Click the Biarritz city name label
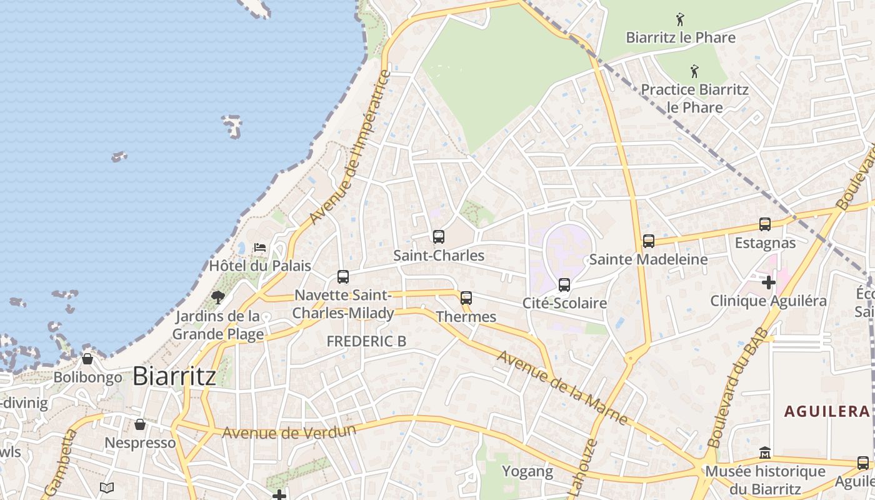coord(174,376)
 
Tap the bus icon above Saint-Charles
coord(439,237)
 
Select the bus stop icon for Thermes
coord(466,298)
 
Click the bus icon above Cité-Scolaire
coord(564,285)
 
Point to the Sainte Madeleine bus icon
coord(649,241)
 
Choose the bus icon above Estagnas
coord(765,224)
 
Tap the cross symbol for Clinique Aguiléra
coord(769,282)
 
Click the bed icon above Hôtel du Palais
coord(260,247)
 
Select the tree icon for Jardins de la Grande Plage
coord(217,297)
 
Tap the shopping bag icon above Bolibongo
coord(87,359)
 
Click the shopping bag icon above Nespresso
coord(140,424)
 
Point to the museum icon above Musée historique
coord(765,452)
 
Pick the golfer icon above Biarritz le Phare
coord(680,19)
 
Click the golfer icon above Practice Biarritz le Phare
coord(694,71)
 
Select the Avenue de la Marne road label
coord(562,387)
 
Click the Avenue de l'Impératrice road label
coord(350,148)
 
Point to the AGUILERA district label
coord(827,411)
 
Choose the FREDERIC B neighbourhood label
coord(366,341)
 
